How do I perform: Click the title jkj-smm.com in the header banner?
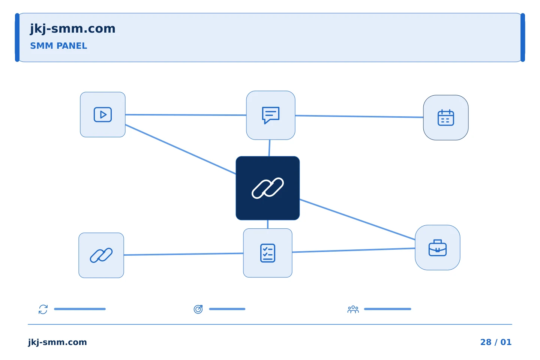73,29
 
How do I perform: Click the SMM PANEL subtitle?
58,46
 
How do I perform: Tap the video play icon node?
103,114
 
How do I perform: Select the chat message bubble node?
270,115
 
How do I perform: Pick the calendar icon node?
446,118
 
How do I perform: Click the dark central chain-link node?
268,188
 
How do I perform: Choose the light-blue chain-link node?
101,255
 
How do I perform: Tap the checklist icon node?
268,253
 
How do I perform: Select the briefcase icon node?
438,247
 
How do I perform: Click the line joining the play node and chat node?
186,115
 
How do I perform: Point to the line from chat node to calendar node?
359,117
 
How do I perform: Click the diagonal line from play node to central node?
181,149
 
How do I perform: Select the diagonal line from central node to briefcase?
357,220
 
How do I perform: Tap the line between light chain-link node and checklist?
183,254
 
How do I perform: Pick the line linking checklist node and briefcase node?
354,250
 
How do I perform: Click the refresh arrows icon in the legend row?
43,309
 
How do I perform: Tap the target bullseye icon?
198,309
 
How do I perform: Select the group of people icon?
353,309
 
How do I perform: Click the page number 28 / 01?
496,342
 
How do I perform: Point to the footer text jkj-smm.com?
57,342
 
